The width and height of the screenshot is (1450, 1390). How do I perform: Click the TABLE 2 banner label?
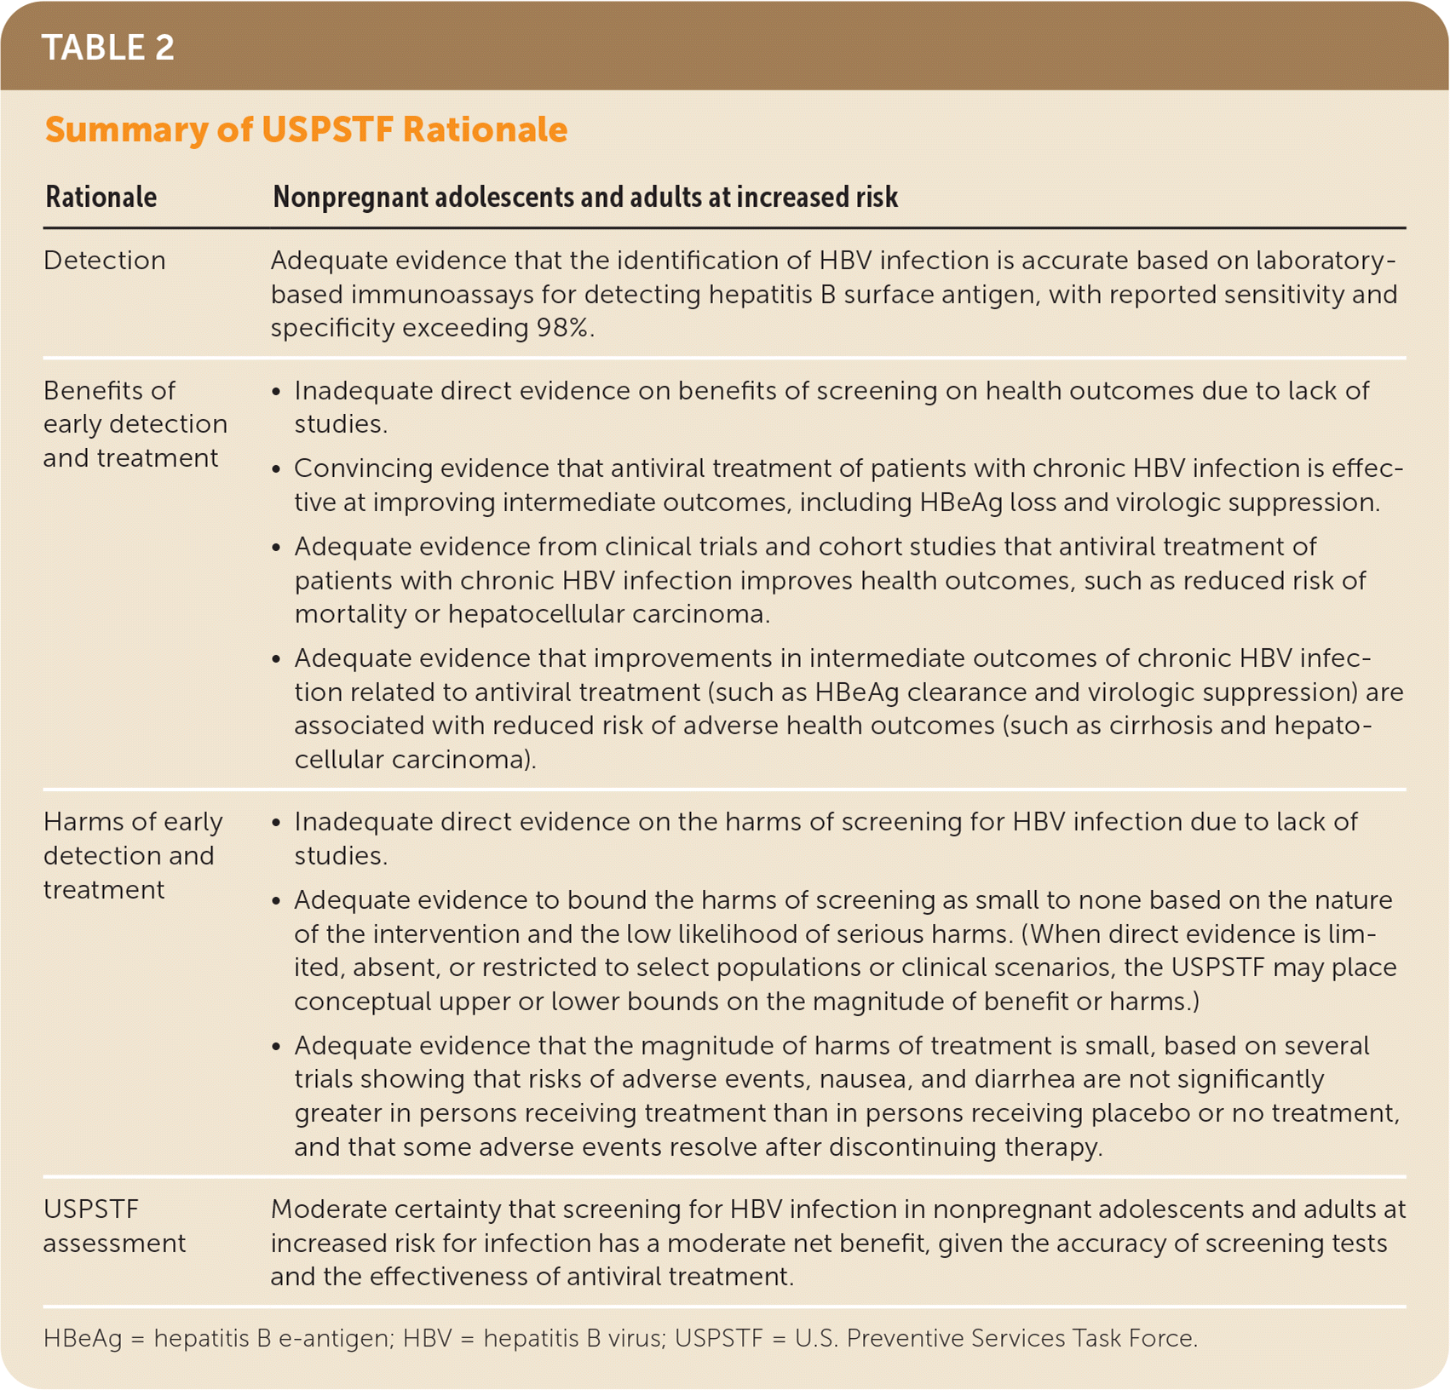108,48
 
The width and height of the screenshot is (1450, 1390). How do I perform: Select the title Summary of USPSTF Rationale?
306,129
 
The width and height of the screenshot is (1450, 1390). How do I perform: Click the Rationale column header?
101,198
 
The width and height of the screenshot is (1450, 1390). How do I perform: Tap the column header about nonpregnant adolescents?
584,198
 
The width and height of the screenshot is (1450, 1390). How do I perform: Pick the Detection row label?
104,261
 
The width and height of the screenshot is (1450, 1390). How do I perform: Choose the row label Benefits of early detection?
135,424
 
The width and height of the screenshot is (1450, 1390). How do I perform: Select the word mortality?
350,614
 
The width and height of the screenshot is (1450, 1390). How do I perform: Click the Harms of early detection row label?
132,855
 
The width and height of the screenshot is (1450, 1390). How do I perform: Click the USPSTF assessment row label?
113,1226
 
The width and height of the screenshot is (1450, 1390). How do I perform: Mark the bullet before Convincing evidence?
276,470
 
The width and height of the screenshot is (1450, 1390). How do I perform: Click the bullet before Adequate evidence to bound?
276,902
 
